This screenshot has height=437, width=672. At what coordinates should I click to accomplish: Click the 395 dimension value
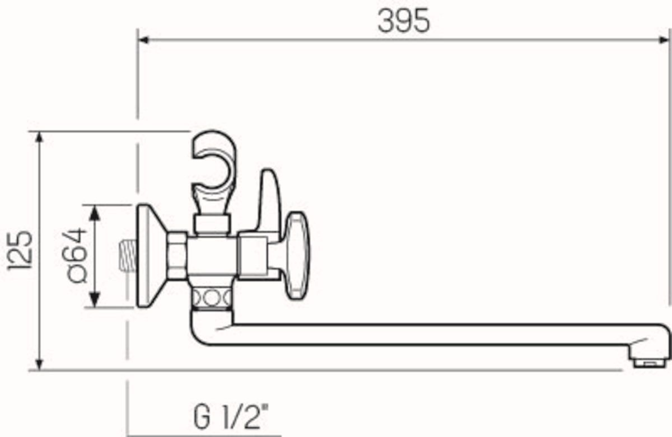click(x=404, y=21)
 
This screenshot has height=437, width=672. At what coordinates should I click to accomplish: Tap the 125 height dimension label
click(x=20, y=251)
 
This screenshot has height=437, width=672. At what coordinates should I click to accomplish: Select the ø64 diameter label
click(x=74, y=255)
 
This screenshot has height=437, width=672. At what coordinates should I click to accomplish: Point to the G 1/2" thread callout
click(x=230, y=417)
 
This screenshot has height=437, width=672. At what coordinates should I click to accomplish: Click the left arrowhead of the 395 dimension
click(x=144, y=40)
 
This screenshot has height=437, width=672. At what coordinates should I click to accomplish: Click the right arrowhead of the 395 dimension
click(x=663, y=40)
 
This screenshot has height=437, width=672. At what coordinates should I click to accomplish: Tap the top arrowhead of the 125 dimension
click(x=39, y=138)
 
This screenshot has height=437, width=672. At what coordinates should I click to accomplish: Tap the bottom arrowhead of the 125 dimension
click(x=39, y=364)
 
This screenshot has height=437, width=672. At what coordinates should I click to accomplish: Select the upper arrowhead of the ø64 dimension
click(x=95, y=213)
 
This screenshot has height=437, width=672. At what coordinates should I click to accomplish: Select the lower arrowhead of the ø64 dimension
click(x=95, y=300)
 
